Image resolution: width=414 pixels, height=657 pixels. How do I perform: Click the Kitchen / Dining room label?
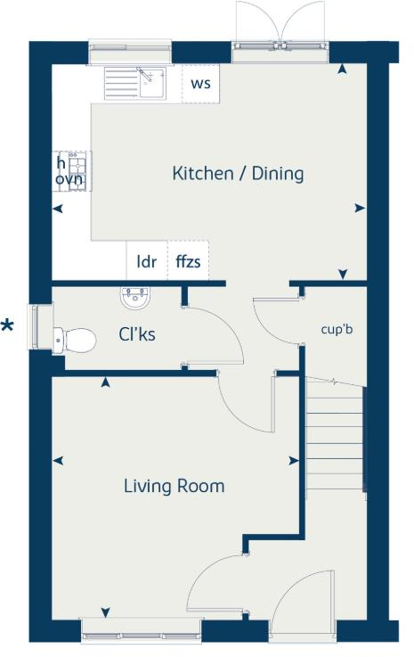[x=238, y=174]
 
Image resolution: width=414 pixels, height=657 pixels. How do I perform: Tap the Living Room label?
[x=174, y=486]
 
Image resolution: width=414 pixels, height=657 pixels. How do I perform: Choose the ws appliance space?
[x=200, y=85]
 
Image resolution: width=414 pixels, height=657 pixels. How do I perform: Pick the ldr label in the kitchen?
[x=146, y=262]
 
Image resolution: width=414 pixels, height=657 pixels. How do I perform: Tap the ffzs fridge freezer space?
[x=187, y=262]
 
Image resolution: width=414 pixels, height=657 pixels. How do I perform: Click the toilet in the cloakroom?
[x=75, y=340]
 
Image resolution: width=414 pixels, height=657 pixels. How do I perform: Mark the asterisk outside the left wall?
[x=8, y=326]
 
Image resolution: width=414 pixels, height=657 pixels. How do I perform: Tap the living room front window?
[x=141, y=630]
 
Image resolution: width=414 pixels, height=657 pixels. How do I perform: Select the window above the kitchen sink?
[x=131, y=53]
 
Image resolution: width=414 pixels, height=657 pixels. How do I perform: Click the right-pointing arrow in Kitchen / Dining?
[x=360, y=208]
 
